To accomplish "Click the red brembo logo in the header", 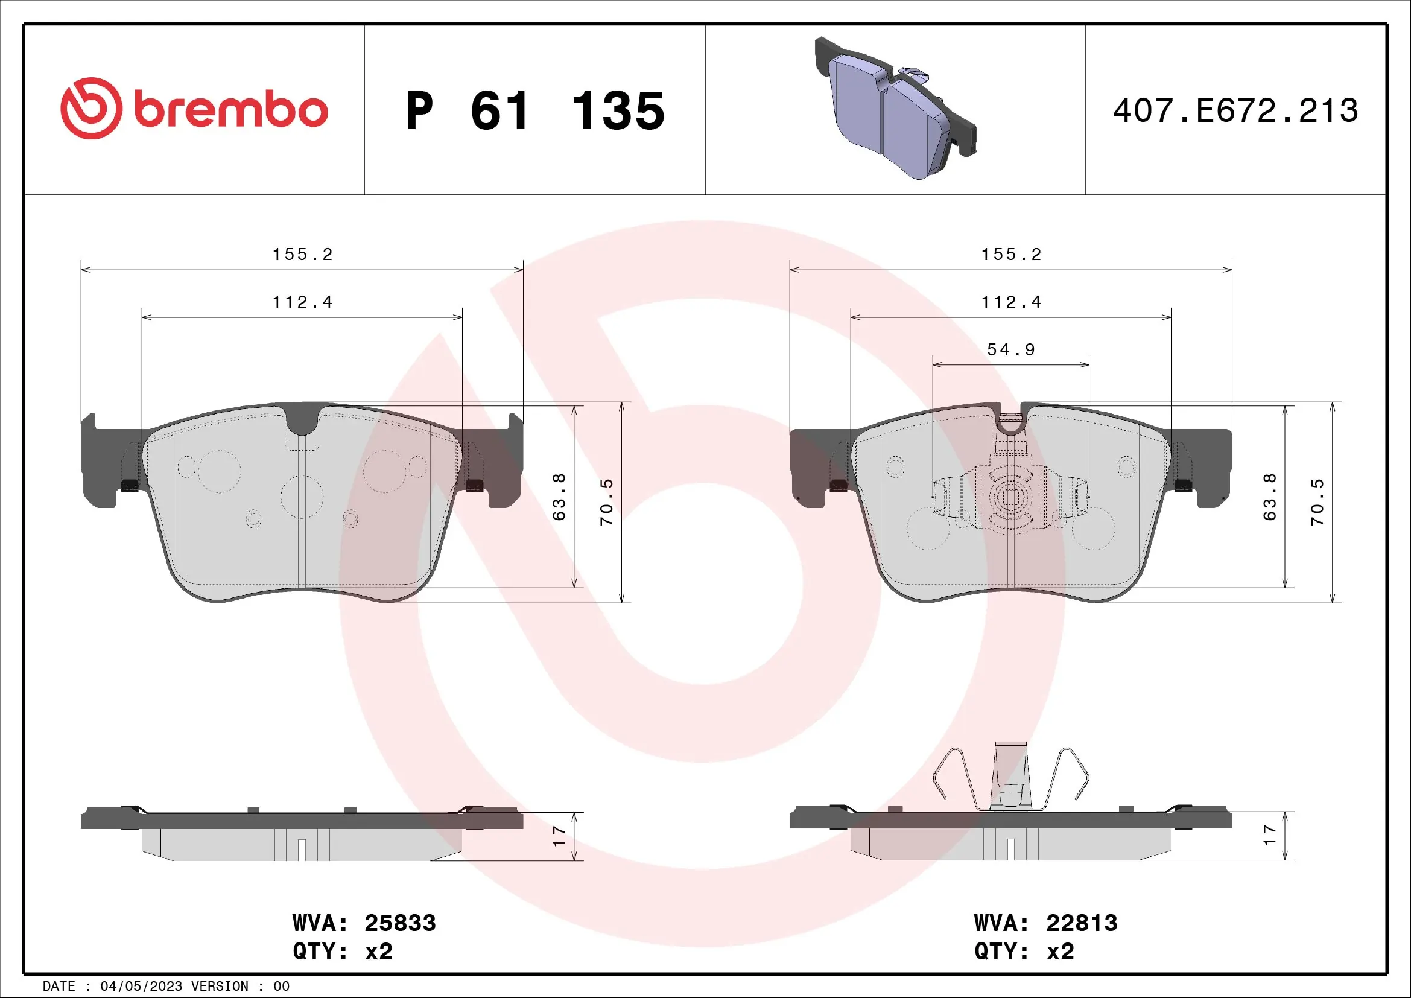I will (x=194, y=109).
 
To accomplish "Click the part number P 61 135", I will (x=534, y=111).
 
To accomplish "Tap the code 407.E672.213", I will (x=1235, y=111).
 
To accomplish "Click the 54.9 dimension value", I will (x=1011, y=350).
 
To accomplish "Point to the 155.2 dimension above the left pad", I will (x=302, y=255).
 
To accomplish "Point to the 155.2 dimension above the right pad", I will (x=1011, y=255).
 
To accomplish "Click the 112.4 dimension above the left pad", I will (x=302, y=302).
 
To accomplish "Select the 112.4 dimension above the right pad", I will (x=1011, y=302).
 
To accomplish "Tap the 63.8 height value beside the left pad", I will (x=559, y=497).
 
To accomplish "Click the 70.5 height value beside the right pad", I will (x=1317, y=501).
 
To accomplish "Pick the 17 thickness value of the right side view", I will (x=1270, y=834).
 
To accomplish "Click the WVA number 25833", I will (x=400, y=923).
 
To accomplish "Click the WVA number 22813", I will (x=1082, y=923).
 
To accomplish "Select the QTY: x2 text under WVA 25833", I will (x=342, y=952).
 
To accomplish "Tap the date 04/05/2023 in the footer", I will (x=141, y=987).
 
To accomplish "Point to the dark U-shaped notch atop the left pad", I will (x=302, y=419).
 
